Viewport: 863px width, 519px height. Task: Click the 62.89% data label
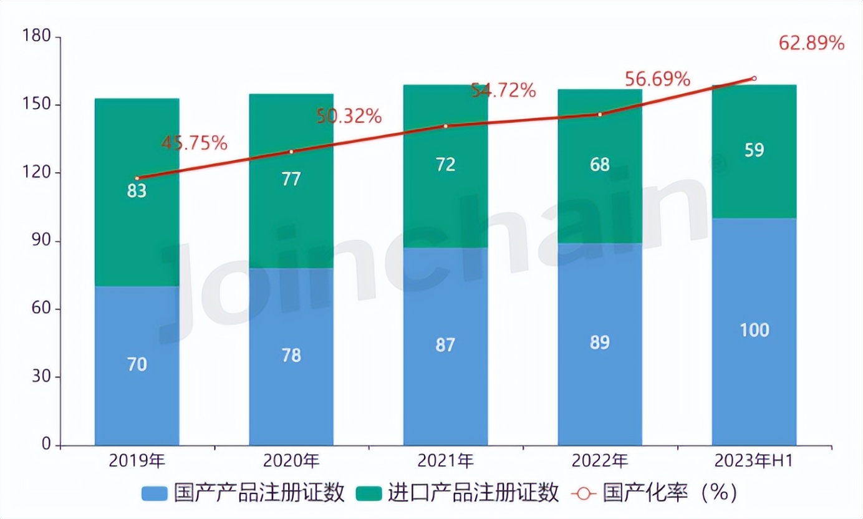pos(811,44)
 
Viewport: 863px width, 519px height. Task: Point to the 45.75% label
pos(195,143)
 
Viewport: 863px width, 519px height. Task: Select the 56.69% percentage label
pos(657,79)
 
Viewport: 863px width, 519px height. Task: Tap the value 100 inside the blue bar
pos(754,330)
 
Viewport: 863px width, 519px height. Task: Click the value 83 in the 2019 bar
pos(137,191)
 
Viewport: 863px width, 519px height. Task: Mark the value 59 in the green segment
pos(754,150)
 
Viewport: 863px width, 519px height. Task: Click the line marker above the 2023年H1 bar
pos(754,79)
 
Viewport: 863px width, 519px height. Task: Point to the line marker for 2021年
pos(445,126)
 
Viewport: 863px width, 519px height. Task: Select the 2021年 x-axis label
pos(445,462)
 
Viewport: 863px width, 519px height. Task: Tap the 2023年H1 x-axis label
pos(754,462)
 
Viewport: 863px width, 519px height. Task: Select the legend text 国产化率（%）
pos(670,493)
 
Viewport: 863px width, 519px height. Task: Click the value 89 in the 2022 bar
pos(600,342)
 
